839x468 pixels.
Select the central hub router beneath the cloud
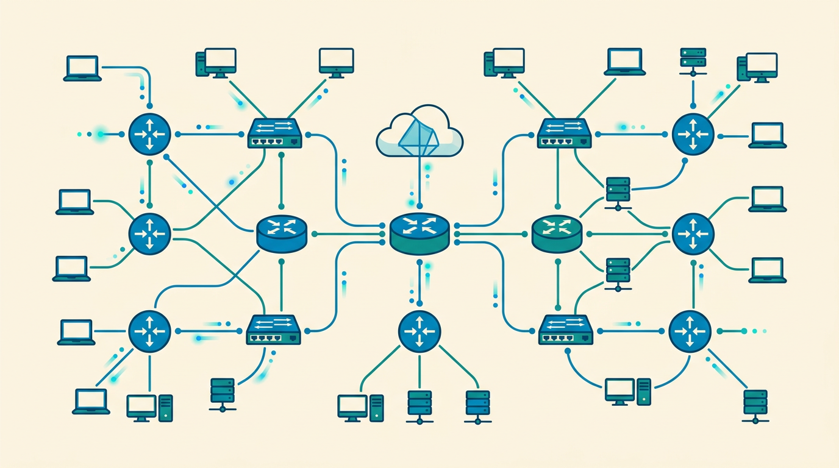[x=420, y=233]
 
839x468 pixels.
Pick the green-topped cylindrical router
[x=557, y=233]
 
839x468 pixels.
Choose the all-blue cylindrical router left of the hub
[x=281, y=233]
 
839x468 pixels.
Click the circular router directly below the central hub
[x=419, y=330]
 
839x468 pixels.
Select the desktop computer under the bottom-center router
[x=360, y=407]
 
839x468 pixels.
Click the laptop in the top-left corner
[x=82, y=68]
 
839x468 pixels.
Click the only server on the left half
[x=222, y=393]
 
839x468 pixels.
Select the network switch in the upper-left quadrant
[x=276, y=133]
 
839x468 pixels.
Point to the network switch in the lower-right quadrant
[x=566, y=330]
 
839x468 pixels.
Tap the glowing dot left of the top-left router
[x=100, y=133]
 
